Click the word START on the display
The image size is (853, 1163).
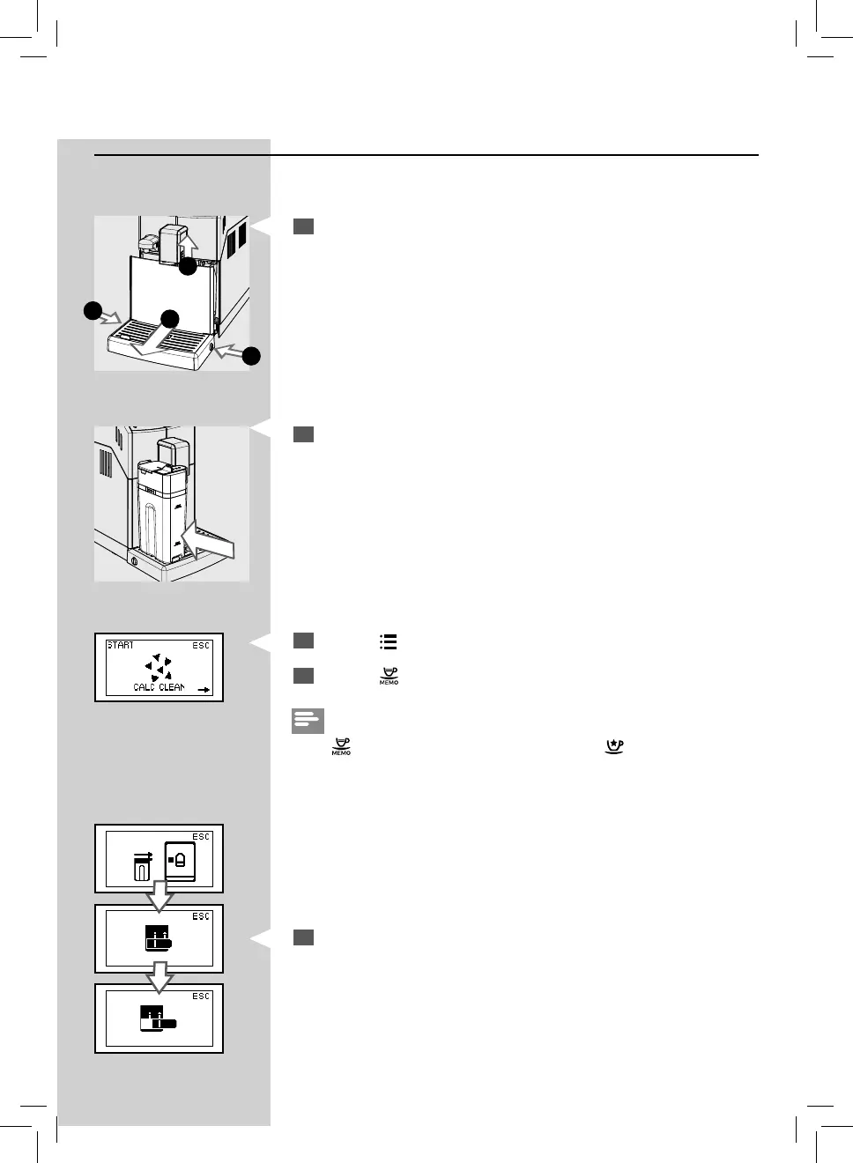(121, 646)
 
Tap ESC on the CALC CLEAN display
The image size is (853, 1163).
(201, 646)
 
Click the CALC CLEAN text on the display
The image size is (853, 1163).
(159, 687)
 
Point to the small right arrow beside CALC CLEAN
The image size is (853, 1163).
(204, 690)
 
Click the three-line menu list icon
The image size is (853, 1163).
(388, 642)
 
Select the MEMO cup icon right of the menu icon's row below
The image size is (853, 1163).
(389, 677)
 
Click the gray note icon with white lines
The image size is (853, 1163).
(308, 721)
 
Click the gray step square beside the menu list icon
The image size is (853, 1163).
(303, 641)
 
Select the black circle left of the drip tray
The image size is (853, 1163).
(92, 310)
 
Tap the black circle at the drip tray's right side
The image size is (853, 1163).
(251, 356)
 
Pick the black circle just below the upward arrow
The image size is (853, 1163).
(188, 265)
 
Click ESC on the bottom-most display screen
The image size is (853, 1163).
(201, 996)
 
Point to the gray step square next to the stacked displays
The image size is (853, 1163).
(303, 937)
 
